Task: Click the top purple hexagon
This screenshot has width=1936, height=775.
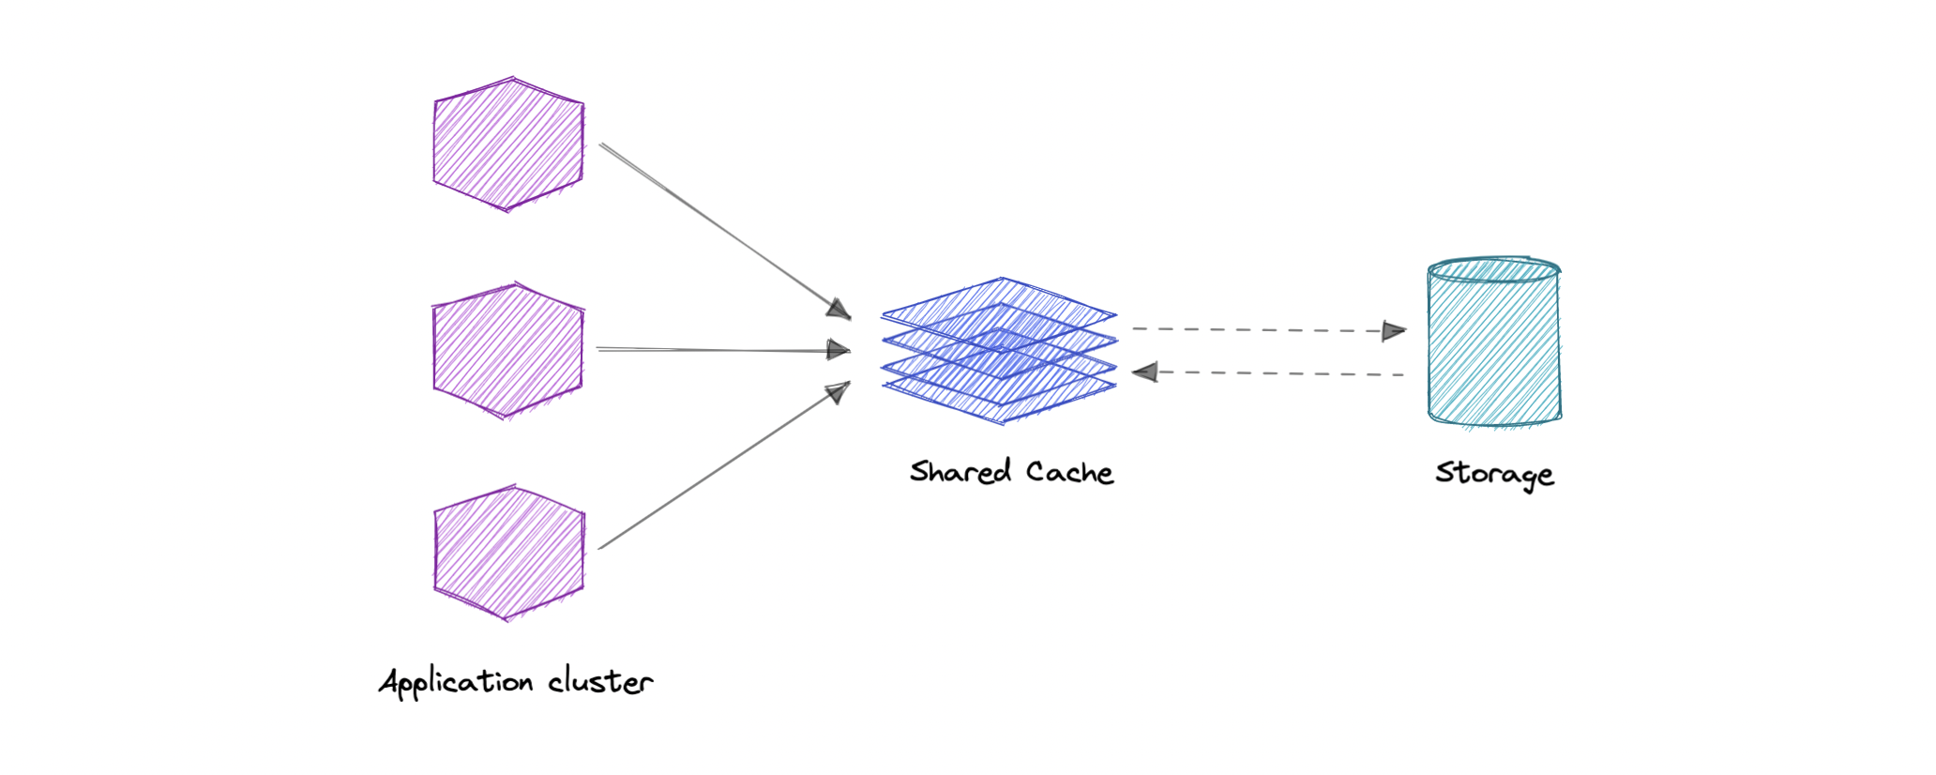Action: (508, 144)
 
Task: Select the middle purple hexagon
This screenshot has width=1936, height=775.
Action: (508, 350)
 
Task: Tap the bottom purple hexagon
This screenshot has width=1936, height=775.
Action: (508, 554)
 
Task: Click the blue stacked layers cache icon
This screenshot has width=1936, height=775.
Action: (1000, 351)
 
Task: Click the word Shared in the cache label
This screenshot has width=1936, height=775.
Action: (960, 471)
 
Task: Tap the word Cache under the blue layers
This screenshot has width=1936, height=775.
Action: (1069, 472)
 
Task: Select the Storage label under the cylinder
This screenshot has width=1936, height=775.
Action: (1494, 474)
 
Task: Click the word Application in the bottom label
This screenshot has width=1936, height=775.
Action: (456, 682)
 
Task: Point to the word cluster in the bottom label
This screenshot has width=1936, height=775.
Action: (600, 682)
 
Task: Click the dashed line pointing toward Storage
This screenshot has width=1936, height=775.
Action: (1257, 330)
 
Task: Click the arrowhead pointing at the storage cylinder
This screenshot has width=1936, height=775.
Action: (1394, 331)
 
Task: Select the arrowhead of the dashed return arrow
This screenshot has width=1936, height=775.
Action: (1145, 372)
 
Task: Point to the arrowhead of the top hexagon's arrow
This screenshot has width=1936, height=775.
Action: (839, 310)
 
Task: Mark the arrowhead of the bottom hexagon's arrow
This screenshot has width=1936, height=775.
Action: (838, 391)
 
